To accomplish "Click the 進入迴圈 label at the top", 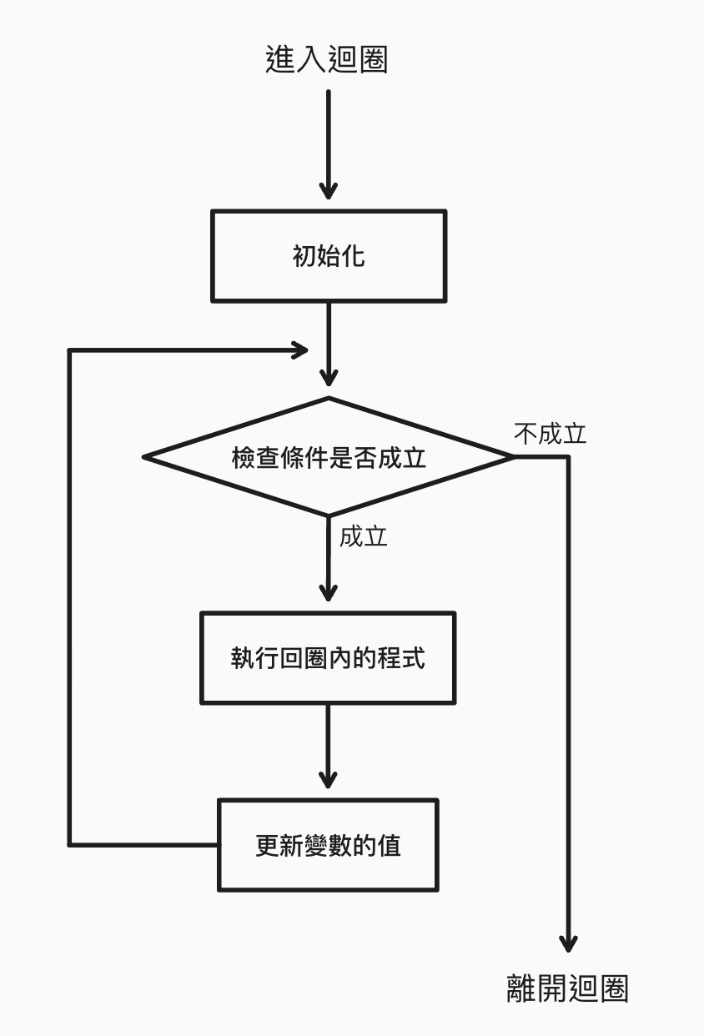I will pyautogui.click(x=327, y=60).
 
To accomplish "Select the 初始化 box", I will pyautogui.click(x=329, y=255).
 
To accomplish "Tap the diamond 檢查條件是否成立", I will pyautogui.click(x=329, y=457).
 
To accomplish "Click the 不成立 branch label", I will pyautogui.click(x=550, y=434).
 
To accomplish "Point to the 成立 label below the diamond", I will pyautogui.click(x=363, y=536).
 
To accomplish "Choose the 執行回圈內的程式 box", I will pyautogui.click(x=328, y=658).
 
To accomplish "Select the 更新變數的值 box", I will pyautogui.click(x=328, y=845).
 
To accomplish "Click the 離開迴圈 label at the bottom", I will pyautogui.click(x=567, y=988).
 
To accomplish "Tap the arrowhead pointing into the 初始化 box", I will pyautogui.click(x=329, y=190).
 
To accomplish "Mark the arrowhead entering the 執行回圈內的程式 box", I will pyautogui.click(x=329, y=591).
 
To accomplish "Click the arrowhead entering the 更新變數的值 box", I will pyautogui.click(x=329, y=778).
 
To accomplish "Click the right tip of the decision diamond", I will pyautogui.click(x=512, y=456).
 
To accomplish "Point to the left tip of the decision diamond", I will pyautogui.click(x=146, y=456).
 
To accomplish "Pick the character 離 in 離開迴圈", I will pyautogui.click(x=521, y=988).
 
